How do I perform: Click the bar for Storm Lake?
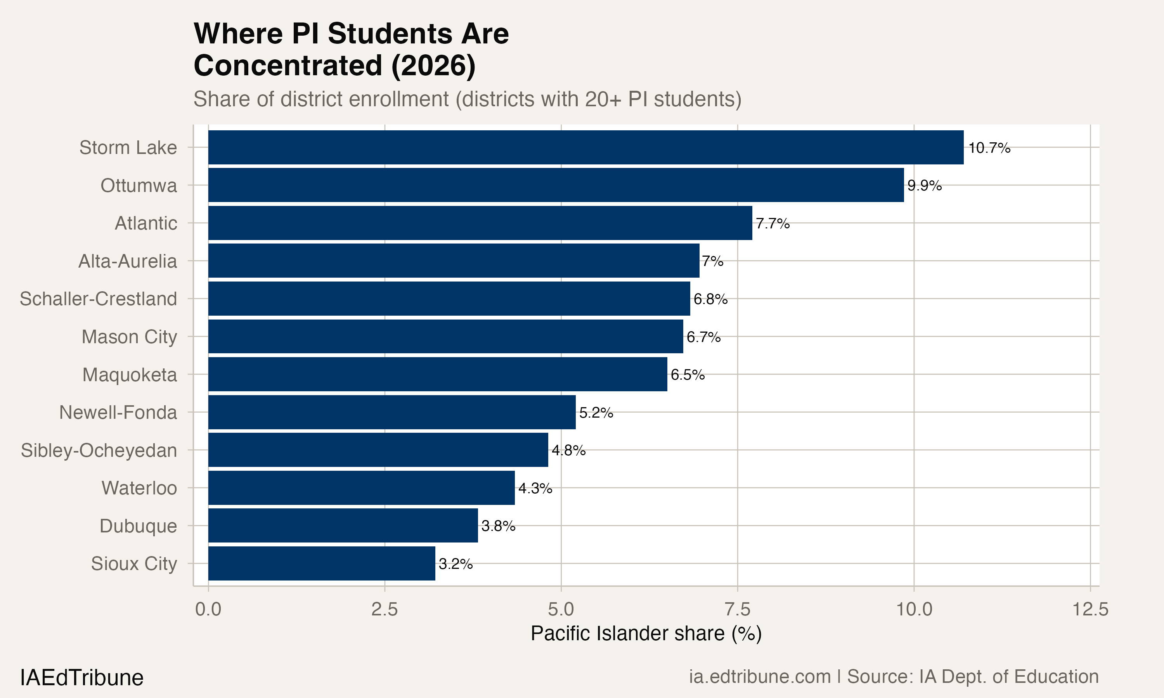coord(586,147)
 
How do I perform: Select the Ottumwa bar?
coord(556,185)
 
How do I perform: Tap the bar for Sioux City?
coord(321,563)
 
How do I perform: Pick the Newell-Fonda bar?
coord(391,412)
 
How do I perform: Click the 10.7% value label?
coord(989,148)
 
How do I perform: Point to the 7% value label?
coord(712,261)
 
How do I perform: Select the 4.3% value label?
coord(535,488)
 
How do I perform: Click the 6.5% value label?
coord(688,375)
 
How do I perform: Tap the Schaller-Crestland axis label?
coord(98,299)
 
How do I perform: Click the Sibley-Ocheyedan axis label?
coord(99,451)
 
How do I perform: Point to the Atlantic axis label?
coord(146,223)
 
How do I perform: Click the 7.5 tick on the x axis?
coord(737,610)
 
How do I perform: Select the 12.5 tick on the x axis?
coord(1090,610)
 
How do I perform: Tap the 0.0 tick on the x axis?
coord(208,610)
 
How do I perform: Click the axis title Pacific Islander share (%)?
coord(646,634)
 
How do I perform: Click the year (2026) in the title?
coord(433,66)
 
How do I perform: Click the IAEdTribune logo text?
coord(82,678)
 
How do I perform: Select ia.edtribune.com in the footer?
coord(760,677)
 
